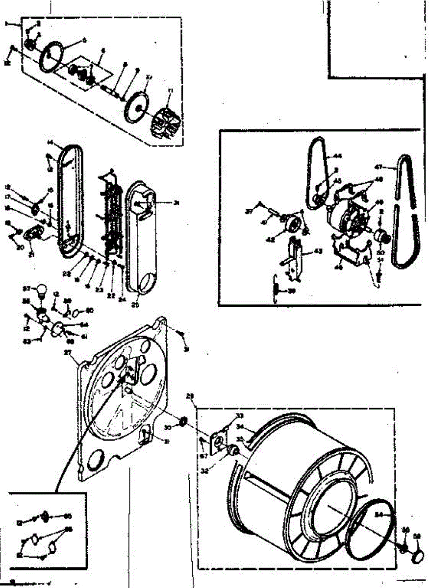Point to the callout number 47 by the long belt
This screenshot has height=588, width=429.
click(x=392, y=167)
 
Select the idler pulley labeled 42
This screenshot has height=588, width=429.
click(x=292, y=227)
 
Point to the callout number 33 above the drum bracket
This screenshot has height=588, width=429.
click(x=239, y=416)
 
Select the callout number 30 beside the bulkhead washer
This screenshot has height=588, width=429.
click(x=167, y=428)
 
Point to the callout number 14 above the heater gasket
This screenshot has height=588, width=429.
click(x=50, y=143)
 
